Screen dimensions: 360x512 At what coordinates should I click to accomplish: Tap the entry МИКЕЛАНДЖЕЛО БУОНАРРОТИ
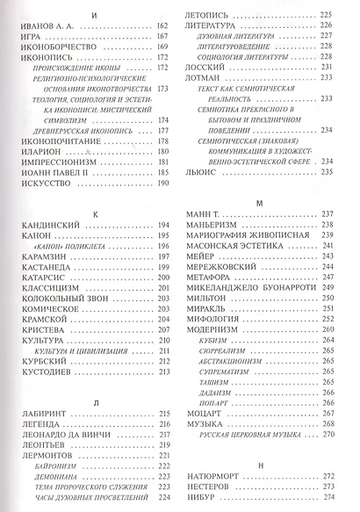click(x=257, y=286)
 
